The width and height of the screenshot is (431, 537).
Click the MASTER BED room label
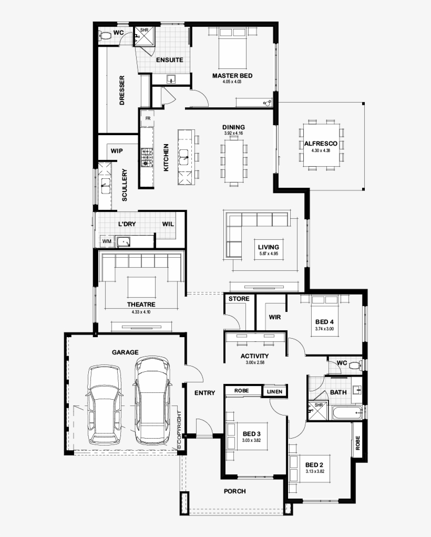(232, 76)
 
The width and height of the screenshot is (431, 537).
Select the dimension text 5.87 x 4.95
(268, 254)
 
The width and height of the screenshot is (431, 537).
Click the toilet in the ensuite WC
(105, 35)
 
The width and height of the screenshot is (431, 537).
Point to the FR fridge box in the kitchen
(148, 118)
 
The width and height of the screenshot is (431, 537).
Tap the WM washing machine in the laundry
(107, 241)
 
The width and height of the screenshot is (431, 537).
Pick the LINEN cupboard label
(275, 391)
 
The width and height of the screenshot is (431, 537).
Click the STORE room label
(239, 299)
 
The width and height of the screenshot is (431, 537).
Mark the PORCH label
(234, 491)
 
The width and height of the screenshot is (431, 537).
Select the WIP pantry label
(117, 151)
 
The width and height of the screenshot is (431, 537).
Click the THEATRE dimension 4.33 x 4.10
(141, 312)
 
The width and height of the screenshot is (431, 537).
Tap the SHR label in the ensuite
(143, 31)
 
